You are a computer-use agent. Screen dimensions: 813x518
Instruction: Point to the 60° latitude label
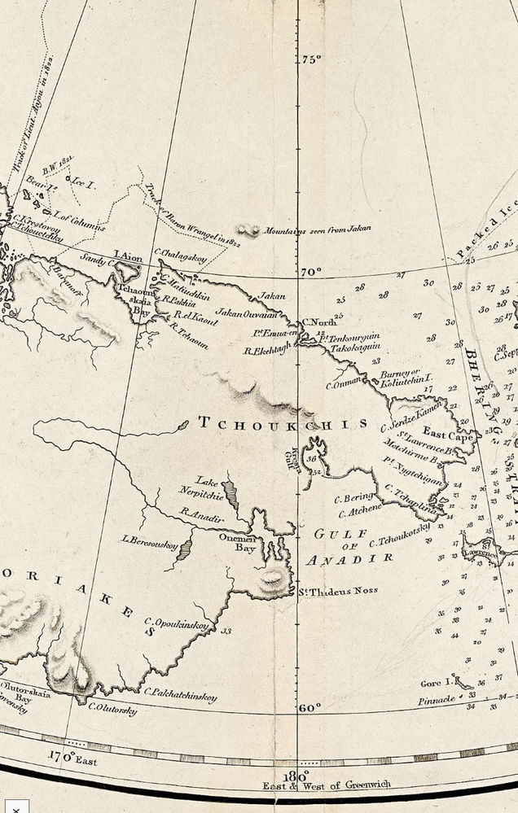click(x=310, y=707)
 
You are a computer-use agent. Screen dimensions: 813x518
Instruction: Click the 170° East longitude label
click(x=71, y=759)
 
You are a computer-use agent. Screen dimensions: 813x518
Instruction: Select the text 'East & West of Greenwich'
click(x=326, y=785)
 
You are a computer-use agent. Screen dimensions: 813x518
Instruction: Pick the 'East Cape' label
click(x=447, y=437)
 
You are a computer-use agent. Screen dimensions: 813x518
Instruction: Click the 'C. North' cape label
click(x=319, y=322)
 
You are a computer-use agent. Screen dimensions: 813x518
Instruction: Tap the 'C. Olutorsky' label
click(x=112, y=710)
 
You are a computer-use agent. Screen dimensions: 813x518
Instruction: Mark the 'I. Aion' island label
click(x=125, y=254)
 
